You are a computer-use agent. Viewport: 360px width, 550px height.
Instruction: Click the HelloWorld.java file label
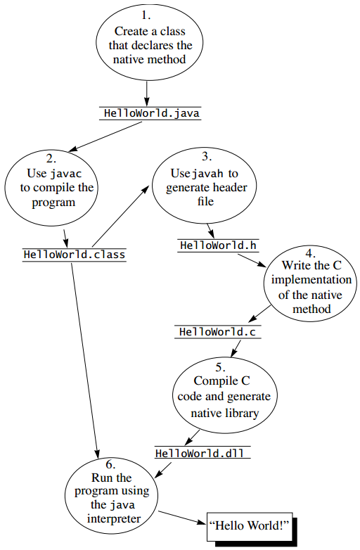(150, 113)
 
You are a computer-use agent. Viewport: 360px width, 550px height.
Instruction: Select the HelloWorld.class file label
(75, 255)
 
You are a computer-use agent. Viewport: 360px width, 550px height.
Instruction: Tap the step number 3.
(205, 156)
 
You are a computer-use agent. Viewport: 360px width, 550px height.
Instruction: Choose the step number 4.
(310, 251)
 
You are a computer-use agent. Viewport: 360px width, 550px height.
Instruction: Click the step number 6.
(111, 464)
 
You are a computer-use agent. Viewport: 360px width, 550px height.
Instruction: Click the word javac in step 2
(65, 173)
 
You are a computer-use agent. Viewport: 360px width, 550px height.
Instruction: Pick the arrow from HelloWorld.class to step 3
(120, 215)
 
